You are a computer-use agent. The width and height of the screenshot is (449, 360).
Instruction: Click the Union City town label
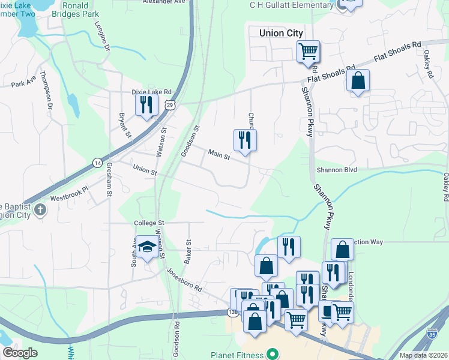[280, 34]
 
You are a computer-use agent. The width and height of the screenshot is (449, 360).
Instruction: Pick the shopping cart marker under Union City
[308, 52]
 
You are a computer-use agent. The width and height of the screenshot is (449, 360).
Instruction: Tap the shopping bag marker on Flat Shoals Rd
[358, 81]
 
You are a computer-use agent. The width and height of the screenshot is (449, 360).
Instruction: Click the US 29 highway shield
[170, 105]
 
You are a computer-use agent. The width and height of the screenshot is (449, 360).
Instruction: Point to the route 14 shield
[97, 163]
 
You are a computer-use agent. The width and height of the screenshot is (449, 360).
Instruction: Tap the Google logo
[20, 353]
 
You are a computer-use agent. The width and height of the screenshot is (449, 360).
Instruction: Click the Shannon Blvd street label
[341, 170]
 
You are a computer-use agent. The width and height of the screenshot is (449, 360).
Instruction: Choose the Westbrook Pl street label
[69, 193]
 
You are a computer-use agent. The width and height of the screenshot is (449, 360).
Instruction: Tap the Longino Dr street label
[103, 35]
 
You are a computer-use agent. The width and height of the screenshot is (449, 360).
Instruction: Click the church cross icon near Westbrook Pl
[40, 210]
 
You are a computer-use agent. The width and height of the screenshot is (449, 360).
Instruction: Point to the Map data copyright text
[423, 355]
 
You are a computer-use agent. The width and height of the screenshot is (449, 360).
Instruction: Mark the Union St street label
[145, 171]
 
